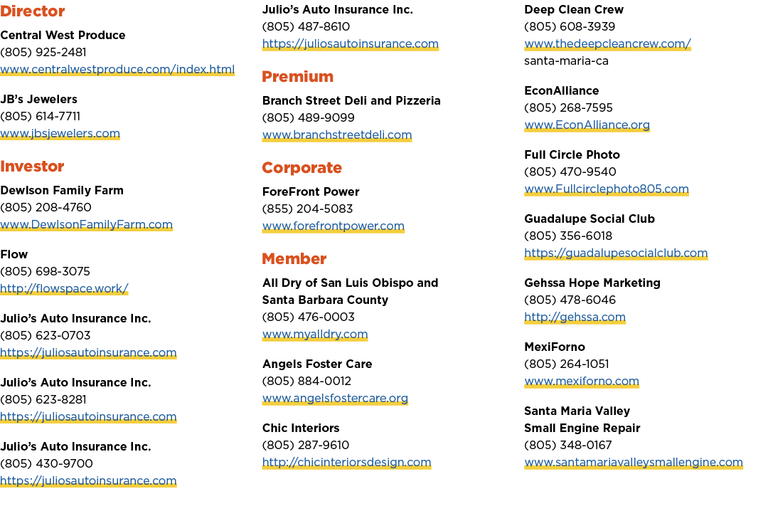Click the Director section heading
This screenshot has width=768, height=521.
pyautogui.click(x=32, y=11)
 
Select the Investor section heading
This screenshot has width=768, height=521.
pyautogui.click(x=32, y=166)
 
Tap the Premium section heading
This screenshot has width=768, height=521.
pyautogui.click(x=297, y=76)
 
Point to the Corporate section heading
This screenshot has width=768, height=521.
pyautogui.click(x=302, y=168)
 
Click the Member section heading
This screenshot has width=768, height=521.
pyautogui.click(x=294, y=259)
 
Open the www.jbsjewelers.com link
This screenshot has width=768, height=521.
pyautogui.click(x=60, y=133)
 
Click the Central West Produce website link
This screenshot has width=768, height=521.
pyautogui.click(x=117, y=69)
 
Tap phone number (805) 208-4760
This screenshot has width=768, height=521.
pyautogui.click(x=46, y=207)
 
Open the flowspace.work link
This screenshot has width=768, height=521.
pyautogui.click(x=64, y=288)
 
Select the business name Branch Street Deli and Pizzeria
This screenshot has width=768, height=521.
pyautogui.click(x=351, y=100)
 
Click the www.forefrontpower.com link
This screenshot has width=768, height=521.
pyautogui.click(x=333, y=226)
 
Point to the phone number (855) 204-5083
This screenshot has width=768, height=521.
pyautogui.click(x=307, y=209)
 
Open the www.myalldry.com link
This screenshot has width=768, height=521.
pyautogui.click(x=315, y=335)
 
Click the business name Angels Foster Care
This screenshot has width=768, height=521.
pyautogui.click(x=317, y=364)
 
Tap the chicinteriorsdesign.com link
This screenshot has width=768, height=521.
pyautogui.click(x=346, y=462)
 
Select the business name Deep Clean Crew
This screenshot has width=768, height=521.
pyautogui.click(x=574, y=9)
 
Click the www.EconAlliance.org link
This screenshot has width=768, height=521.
pyautogui.click(x=587, y=125)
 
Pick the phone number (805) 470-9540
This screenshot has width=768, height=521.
pyautogui.click(x=570, y=172)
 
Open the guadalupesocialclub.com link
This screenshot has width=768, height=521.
pyautogui.click(x=616, y=253)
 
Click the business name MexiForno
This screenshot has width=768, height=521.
pyautogui.click(x=555, y=347)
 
